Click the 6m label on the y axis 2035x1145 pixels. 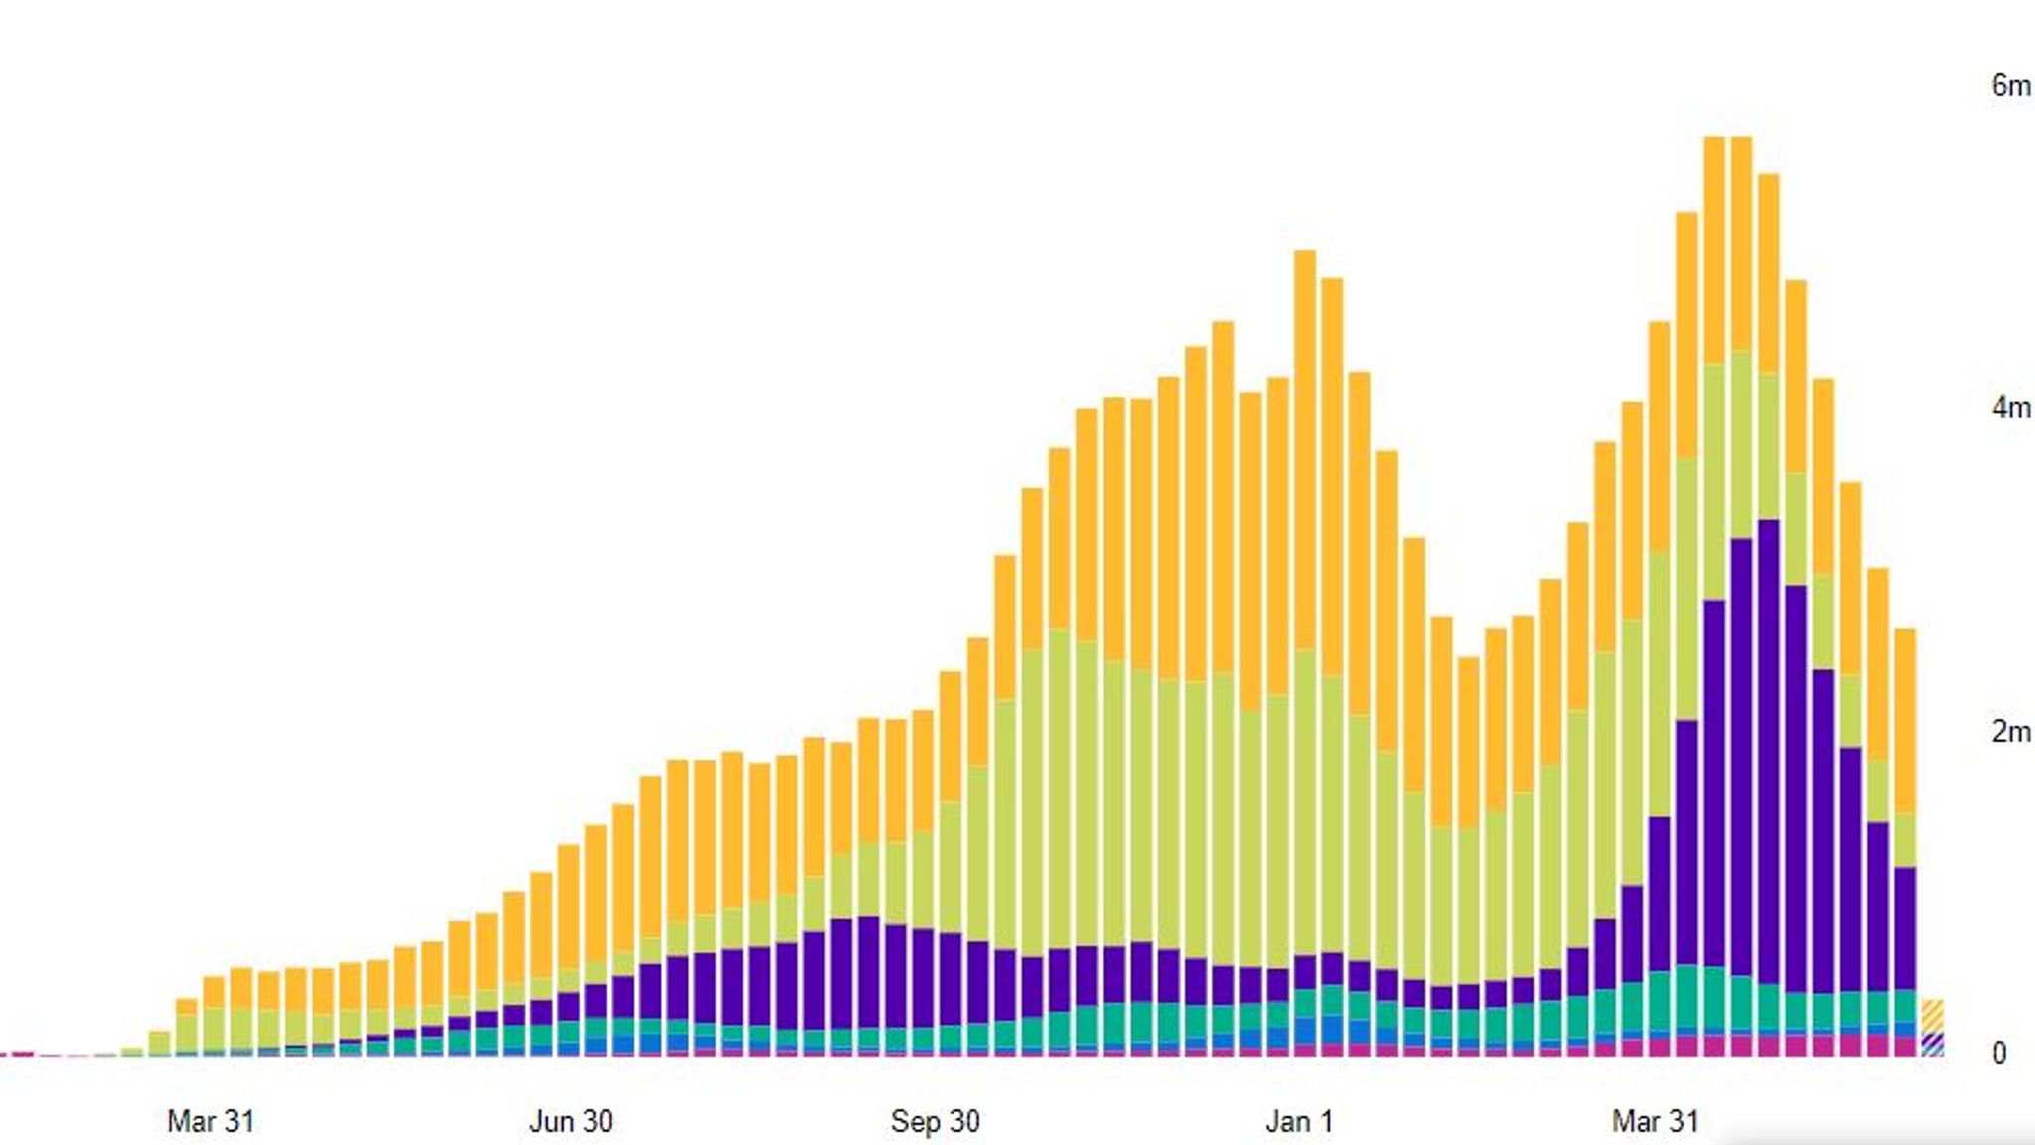2009,85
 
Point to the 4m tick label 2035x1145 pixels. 2009,408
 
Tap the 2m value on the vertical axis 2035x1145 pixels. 2009,732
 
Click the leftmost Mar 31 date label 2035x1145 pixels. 211,1121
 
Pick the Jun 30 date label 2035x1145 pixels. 570,1121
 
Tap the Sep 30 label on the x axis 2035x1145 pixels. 935,1121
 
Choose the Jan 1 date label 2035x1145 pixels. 1299,1121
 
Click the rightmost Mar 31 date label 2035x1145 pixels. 1654,1121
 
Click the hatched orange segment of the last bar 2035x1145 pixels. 1933,1016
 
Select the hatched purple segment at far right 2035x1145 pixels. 1933,1041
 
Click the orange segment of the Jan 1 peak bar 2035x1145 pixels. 1305,447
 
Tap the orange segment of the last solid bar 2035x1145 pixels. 1905,721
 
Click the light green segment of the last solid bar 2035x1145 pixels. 1905,840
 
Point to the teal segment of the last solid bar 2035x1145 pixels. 1905,1006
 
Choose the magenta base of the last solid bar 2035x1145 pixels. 1905,1047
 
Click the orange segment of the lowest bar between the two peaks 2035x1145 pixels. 1469,740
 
